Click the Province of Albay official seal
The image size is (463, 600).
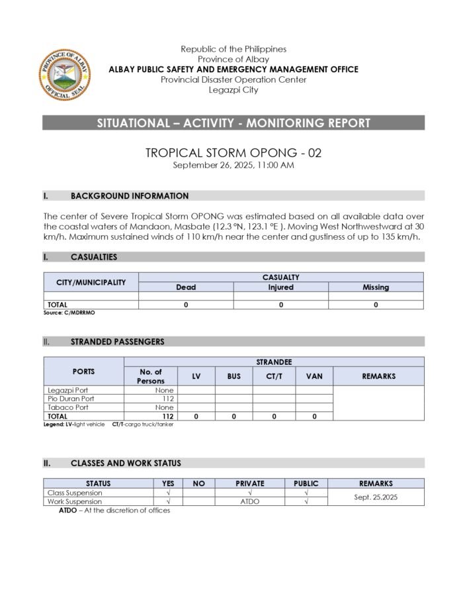[65, 75]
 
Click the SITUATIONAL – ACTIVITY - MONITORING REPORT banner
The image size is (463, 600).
[233, 123]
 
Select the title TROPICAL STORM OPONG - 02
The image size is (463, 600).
[233, 153]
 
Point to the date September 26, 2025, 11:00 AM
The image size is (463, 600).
[233, 165]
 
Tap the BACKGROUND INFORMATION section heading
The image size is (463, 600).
[129, 196]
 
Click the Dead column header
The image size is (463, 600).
[186, 287]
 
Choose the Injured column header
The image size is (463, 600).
[280, 287]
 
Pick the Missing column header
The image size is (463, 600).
[376, 287]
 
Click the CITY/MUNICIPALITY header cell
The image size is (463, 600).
[91, 282]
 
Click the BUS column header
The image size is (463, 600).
[233, 376]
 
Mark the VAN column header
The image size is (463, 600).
[314, 376]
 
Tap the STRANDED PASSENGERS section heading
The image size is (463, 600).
[117, 342]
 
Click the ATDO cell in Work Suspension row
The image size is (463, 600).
[249, 501]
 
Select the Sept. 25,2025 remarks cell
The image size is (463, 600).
[376, 497]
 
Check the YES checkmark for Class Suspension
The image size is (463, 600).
[168, 493]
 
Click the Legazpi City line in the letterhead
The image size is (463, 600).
[233, 90]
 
